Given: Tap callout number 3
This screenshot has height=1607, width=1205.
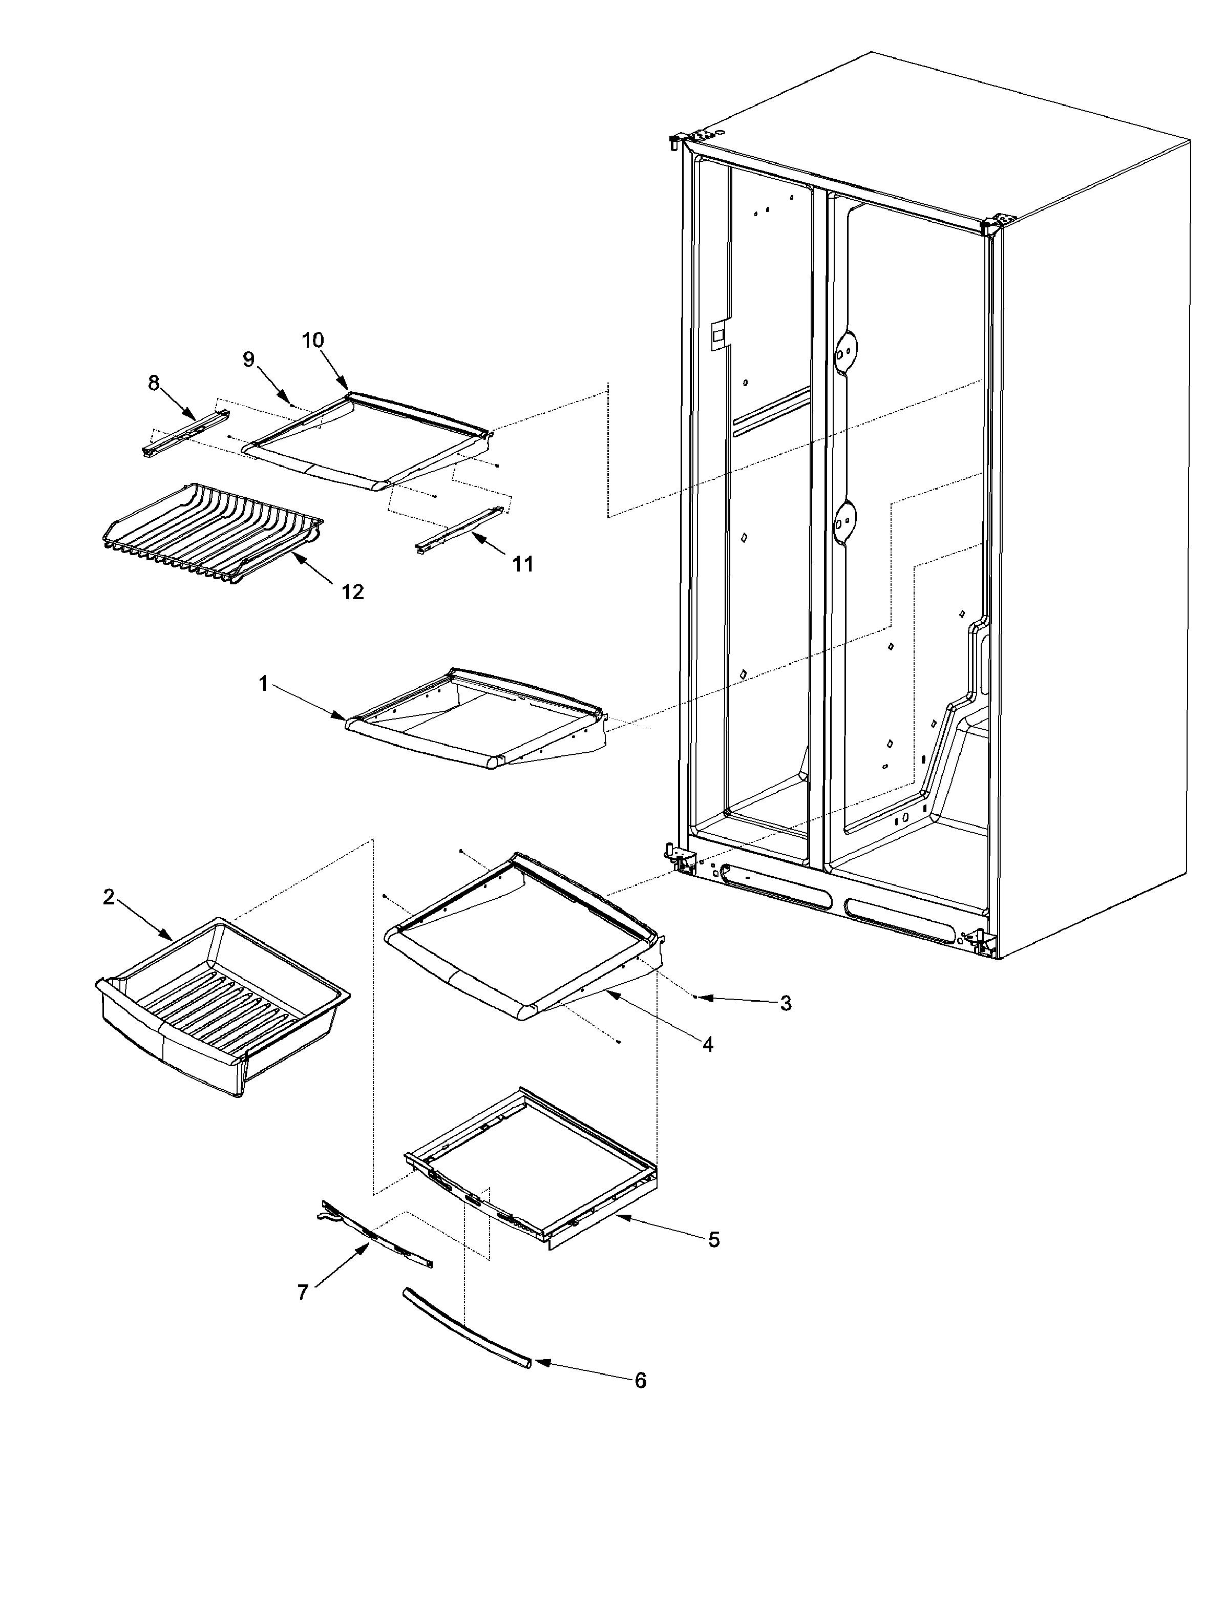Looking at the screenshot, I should [785, 1003].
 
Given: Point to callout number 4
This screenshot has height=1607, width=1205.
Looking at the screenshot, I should [707, 1045].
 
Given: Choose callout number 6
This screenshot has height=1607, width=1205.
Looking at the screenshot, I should [640, 1380].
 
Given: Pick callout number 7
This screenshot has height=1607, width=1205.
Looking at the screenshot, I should [303, 1292].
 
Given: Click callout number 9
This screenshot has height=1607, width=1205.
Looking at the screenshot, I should [249, 359].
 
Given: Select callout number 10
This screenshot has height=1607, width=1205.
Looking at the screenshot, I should [313, 340].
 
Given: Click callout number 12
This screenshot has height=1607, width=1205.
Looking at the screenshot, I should [352, 591].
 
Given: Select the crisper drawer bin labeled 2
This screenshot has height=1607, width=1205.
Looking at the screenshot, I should [218, 1003].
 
